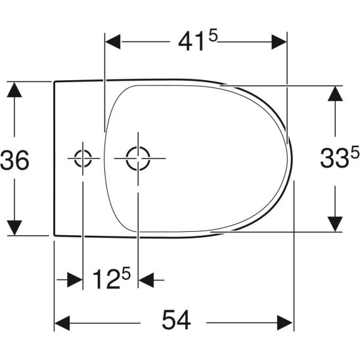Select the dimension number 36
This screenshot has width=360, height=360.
tap(14, 160)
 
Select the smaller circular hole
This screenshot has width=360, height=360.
tap(83, 158)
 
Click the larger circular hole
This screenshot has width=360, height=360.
tap(138, 158)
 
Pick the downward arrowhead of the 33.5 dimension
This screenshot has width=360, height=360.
tap(335, 223)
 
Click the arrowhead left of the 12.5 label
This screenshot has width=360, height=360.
tap(74, 281)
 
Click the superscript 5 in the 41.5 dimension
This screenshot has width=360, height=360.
tap(214, 35)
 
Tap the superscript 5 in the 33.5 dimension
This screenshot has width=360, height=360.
tap(355, 152)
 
